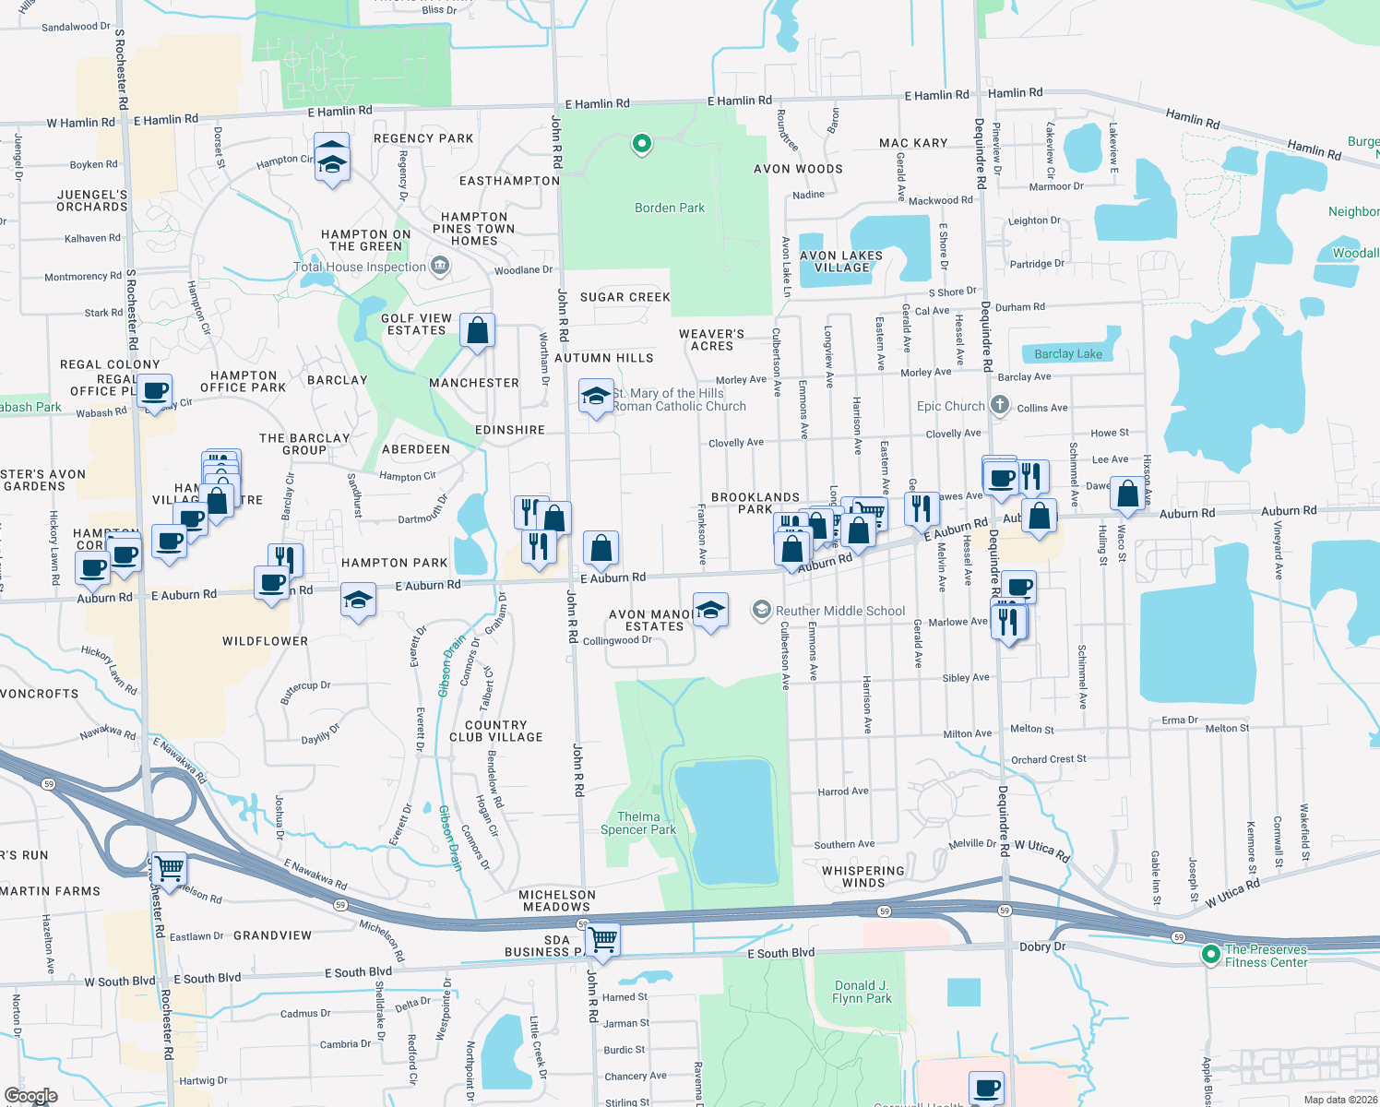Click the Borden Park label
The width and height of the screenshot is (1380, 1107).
pyautogui.click(x=669, y=208)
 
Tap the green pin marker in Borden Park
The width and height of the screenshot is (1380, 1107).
pyautogui.click(x=641, y=144)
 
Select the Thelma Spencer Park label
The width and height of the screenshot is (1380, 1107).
pyautogui.click(x=638, y=823)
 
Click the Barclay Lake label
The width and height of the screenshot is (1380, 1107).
pyautogui.click(x=1068, y=354)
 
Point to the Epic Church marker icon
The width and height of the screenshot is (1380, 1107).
pyautogui.click(x=1000, y=405)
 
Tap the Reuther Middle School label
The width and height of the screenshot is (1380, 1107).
pyautogui.click(x=840, y=611)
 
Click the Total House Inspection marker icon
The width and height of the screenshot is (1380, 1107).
pyautogui.click(x=440, y=267)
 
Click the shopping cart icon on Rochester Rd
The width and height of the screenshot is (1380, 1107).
pyautogui.click(x=169, y=868)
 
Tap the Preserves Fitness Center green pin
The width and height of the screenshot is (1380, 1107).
pyautogui.click(x=1211, y=955)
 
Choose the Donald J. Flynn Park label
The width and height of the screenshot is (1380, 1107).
pyautogui.click(x=862, y=992)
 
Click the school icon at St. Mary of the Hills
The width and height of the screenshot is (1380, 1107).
pyautogui.click(x=596, y=397)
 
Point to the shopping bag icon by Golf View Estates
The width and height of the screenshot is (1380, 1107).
pyautogui.click(x=477, y=330)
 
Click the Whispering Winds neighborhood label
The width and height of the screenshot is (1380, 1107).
pyautogui.click(x=863, y=876)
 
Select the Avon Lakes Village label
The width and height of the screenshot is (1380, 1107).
pyautogui.click(x=841, y=262)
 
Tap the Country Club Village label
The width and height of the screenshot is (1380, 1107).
pyautogui.click(x=496, y=731)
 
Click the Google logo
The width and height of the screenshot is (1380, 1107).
pyautogui.click(x=31, y=1095)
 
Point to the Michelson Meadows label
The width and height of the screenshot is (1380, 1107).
pyautogui.click(x=557, y=900)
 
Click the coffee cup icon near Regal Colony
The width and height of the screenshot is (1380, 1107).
pyautogui.click(x=156, y=391)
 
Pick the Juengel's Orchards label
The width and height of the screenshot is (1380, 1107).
pyautogui.click(x=92, y=200)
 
